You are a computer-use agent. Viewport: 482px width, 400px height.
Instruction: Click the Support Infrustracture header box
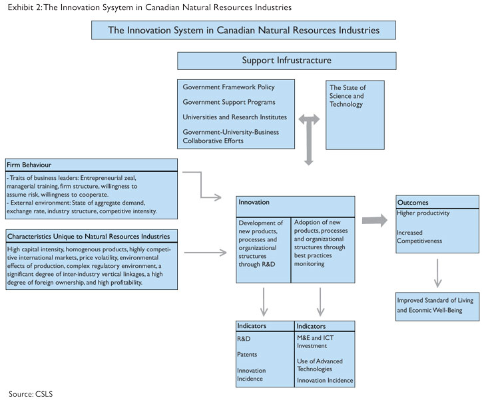[x=286, y=61]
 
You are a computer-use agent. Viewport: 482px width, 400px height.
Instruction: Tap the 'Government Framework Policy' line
[x=228, y=87]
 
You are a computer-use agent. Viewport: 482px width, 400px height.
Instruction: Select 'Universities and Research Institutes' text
[x=234, y=117]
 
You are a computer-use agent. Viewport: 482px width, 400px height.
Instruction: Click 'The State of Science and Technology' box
[x=355, y=115]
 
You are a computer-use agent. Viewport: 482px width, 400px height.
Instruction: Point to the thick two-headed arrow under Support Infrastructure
[x=309, y=139]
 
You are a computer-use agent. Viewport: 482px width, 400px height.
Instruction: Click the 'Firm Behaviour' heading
[x=29, y=165]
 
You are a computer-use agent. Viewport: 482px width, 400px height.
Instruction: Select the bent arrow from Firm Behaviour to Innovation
[x=201, y=185]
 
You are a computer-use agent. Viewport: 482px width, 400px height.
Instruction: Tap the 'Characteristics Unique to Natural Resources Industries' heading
[x=89, y=237]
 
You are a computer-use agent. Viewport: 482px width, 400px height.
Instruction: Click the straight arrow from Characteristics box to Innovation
[x=205, y=253]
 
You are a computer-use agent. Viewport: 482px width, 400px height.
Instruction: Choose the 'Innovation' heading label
[x=254, y=202]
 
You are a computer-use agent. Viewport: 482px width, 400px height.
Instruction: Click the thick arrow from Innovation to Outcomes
[x=375, y=221]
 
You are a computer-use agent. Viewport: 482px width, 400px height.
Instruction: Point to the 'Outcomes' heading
[x=413, y=203]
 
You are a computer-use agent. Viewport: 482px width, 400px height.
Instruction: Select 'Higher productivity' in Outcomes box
[x=423, y=213]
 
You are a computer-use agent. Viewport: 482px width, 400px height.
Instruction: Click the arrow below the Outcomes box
[x=438, y=273]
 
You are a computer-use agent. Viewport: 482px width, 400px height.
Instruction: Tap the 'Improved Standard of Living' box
[x=437, y=307]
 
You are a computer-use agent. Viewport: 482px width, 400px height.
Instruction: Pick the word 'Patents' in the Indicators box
[x=247, y=355]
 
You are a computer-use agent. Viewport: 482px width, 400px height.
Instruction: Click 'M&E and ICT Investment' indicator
[x=315, y=342]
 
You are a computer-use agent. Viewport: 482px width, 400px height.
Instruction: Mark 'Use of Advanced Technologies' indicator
[x=320, y=365]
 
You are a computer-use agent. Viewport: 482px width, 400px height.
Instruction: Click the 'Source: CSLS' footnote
[x=31, y=394]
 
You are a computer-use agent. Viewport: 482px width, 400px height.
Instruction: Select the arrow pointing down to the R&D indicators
[x=264, y=302]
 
